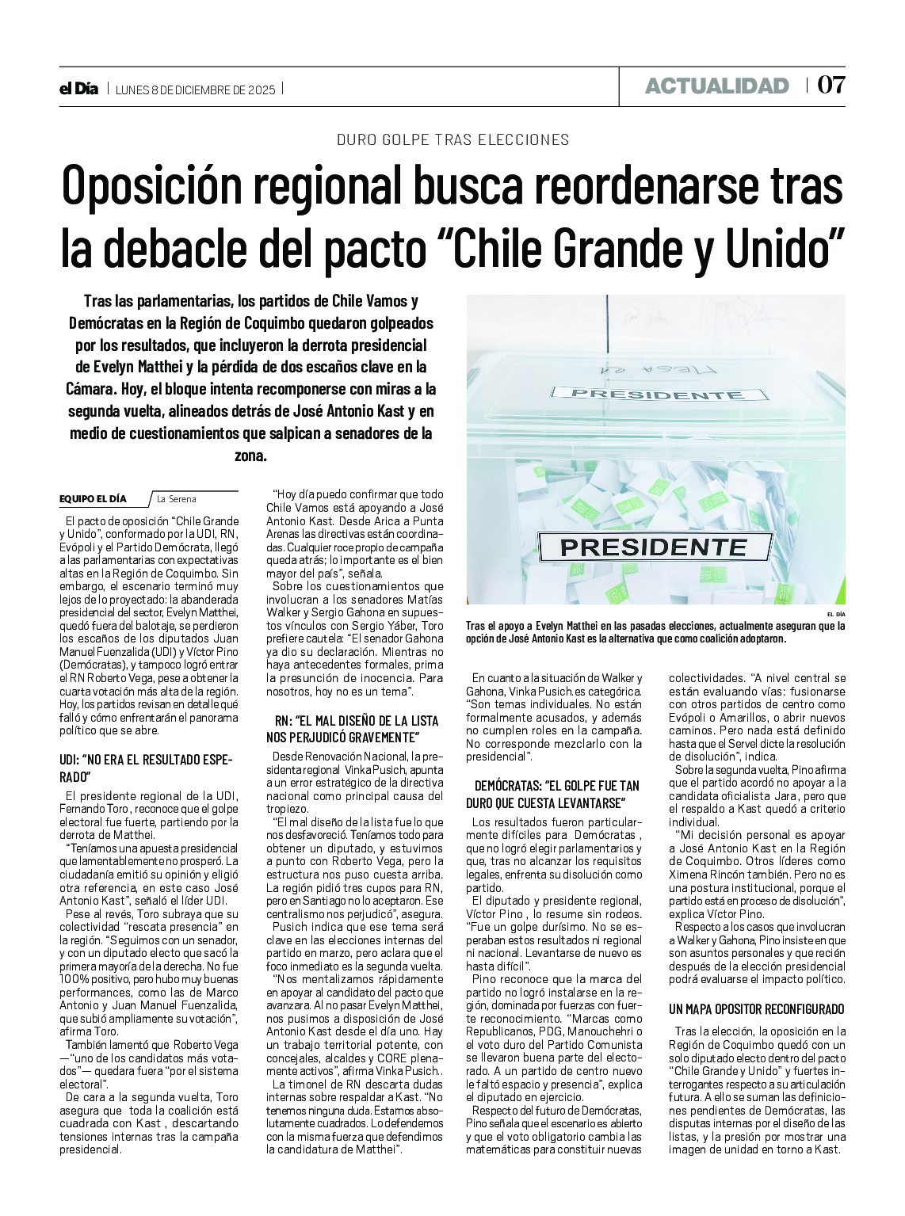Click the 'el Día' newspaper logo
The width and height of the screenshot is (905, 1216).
click(78, 89)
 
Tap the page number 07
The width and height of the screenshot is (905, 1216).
click(831, 86)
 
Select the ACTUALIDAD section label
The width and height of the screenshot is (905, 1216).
click(716, 86)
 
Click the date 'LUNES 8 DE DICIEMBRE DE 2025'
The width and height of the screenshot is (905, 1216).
click(196, 90)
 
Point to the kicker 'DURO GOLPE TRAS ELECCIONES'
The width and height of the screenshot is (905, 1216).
click(452, 139)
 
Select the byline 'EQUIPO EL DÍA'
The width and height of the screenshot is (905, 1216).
click(93, 499)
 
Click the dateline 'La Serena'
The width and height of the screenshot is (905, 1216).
click(177, 499)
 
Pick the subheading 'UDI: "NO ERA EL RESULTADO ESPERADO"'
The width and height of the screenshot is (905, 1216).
click(146, 768)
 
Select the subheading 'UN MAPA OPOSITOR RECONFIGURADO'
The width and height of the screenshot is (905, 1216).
click(756, 1009)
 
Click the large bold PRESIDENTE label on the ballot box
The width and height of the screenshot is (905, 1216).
click(654, 547)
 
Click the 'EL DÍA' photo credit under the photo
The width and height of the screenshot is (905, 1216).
click(835, 614)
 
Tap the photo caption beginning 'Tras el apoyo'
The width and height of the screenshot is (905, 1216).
click(655, 632)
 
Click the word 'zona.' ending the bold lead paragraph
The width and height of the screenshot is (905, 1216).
click(250, 456)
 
